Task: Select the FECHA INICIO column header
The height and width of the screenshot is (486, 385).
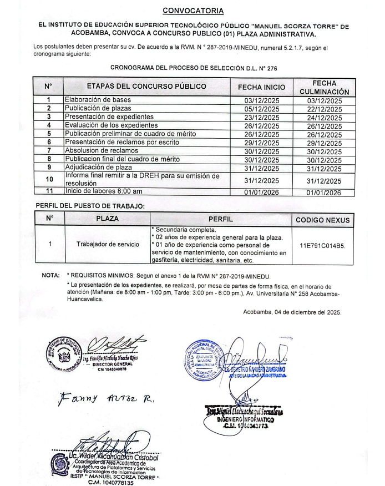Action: tap(261, 87)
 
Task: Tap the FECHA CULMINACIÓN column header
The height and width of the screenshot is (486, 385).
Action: tap(325, 87)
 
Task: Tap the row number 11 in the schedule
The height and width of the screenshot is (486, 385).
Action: tap(49, 192)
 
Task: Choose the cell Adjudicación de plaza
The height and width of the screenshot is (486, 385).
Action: tap(99, 168)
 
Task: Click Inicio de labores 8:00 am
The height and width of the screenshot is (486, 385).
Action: tap(104, 192)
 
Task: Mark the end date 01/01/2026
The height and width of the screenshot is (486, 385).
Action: tap(325, 193)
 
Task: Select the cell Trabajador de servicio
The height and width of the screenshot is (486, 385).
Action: tap(108, 244)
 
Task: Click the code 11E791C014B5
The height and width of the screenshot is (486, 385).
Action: tap(322, 244)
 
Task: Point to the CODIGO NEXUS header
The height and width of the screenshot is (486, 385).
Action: tap(323, 220)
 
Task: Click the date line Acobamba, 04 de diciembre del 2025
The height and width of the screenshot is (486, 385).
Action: tap(292, 312)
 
